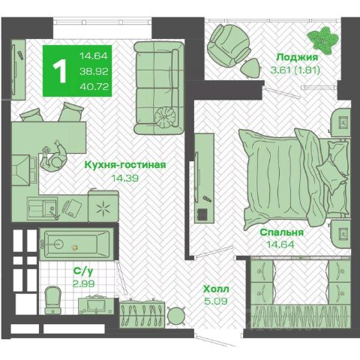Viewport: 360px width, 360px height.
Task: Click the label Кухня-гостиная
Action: [125, 165]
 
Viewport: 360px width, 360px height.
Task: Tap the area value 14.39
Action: [125, 178]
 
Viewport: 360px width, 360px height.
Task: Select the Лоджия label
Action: [297, 58]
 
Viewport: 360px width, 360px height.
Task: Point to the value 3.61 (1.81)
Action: [295, 70]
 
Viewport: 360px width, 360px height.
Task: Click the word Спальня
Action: [282, 232]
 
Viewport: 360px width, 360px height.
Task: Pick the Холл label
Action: [216, 289]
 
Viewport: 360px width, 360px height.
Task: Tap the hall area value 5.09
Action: [216, 301]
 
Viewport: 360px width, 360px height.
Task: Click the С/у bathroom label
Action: [83, 271]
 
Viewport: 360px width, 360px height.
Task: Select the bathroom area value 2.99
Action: [83, 284]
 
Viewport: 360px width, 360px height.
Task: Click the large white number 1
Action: [59, 71]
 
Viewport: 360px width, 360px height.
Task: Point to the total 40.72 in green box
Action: [94, 87]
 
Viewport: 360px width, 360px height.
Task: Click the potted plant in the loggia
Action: [322, 40]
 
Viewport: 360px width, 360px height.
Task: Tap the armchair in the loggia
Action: [229, 45]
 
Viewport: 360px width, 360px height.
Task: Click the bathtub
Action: [76, 244]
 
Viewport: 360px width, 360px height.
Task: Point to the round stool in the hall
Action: [175, 316]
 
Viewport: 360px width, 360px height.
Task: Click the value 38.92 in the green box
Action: [94, 72]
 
